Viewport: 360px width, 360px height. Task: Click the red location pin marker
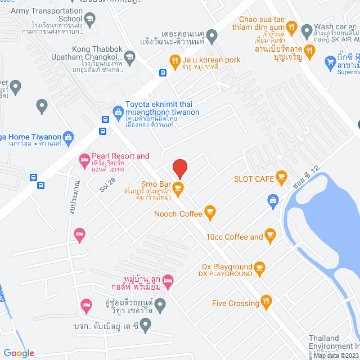pos(179,168)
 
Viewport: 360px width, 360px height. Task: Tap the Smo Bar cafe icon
pos(178,188)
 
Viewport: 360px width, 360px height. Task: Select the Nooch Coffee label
pos(177,214)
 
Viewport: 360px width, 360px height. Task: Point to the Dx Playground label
pos(227,267)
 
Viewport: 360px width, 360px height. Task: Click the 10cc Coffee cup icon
pos(270,236)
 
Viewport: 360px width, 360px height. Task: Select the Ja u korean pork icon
pos(174,60)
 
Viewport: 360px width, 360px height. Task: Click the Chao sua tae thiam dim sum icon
pos(291,26)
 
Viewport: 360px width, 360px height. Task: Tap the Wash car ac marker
pos(307,29)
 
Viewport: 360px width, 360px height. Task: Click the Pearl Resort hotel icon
pos(84,160)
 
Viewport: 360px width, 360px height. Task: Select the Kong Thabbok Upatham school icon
pos(130,56)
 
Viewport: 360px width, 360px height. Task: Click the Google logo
pos(19,353)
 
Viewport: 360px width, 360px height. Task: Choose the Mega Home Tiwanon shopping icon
pos(68,137)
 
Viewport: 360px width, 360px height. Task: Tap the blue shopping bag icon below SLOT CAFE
pos(273,200)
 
